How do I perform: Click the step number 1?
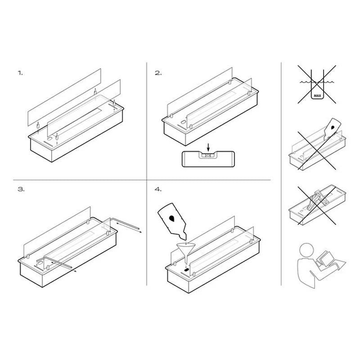tap(20, 73)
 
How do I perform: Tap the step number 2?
tap(158, 73)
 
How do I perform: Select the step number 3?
tap(21, 189)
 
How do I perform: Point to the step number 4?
tap(158, 189)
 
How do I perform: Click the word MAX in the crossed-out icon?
tap(317, 95)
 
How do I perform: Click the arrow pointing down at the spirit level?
tap(208, 147)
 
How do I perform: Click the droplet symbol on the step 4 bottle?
tap(171, 218)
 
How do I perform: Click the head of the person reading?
tap(307, 250)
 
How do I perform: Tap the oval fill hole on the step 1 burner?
tap(49, 139)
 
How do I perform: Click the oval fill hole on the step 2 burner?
tap(183, 122)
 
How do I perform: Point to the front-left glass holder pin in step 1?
tap(38, 126)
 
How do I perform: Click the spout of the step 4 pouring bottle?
tap(184, 236)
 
